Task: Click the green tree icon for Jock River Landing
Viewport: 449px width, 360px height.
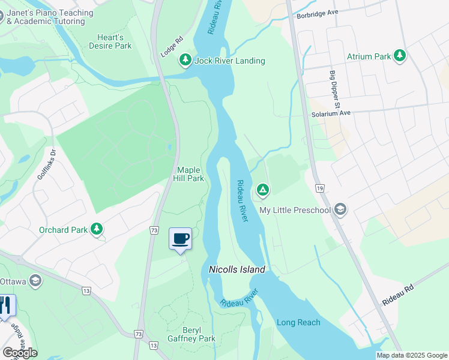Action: click(185, 61)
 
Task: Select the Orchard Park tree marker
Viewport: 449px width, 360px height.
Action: click(96, 229)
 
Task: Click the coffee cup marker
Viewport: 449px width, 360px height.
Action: click(181, 239)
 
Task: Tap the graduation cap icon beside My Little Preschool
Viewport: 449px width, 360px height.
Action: click(340, 209)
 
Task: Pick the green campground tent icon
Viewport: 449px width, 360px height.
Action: click(262, 190)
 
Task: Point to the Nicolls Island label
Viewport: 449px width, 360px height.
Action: click(237, 270)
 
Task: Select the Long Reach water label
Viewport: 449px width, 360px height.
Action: click(298, 322)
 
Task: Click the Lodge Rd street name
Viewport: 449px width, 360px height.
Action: click(170, 48)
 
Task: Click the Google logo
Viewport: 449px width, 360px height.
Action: click(20, 353)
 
